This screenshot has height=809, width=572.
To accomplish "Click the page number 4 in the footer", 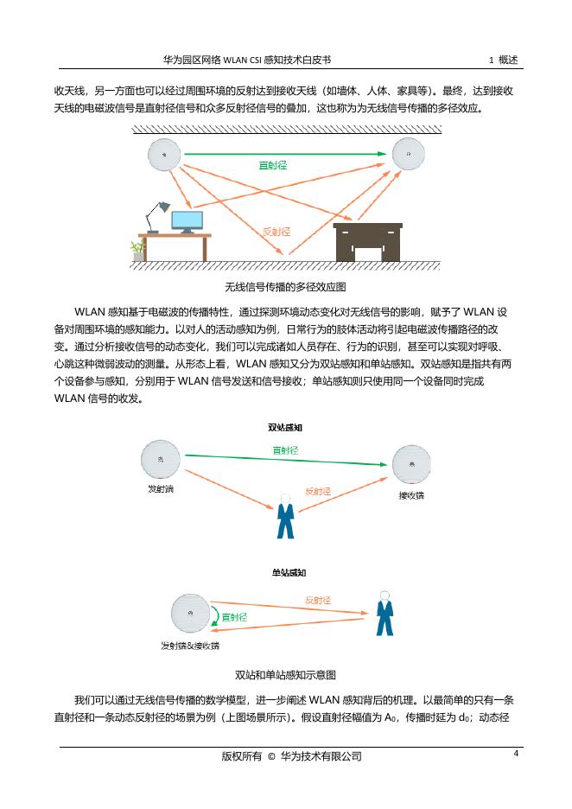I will click(516, 754).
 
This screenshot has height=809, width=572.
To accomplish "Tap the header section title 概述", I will click(508, 60).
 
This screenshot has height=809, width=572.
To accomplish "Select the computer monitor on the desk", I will click(187, 221).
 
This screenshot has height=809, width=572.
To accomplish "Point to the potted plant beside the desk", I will click(137, 250).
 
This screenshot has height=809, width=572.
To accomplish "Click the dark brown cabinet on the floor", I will click(368, 241).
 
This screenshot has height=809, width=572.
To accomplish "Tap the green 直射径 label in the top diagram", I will click(274, 164).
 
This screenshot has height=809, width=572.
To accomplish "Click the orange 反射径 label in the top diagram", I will click(276, 232).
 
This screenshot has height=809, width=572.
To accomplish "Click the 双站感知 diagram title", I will click(285, 427).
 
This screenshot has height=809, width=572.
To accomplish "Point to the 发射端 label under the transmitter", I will click(161, 489).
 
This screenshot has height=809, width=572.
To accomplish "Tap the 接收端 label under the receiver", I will click(411, 495).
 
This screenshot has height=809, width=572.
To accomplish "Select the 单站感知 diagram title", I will click(285, 572).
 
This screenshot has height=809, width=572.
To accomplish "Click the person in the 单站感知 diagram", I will click(385, 615).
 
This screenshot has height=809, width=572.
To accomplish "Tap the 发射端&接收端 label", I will click(190, 646).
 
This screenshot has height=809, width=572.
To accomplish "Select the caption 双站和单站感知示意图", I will click(285, 674).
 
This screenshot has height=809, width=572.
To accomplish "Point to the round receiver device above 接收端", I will click(411, 464).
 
